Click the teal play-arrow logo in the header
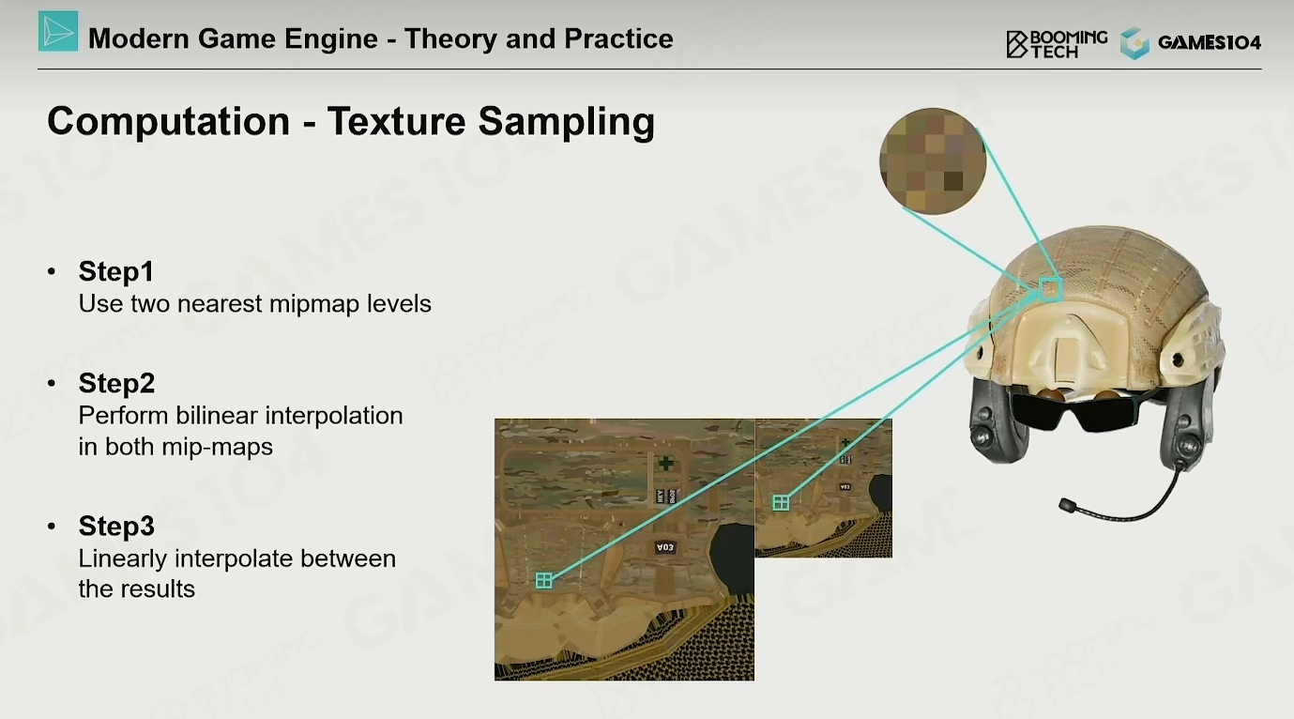coord(58,31)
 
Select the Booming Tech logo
coord(1057,44)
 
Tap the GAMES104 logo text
coord(1210,43)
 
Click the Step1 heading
coord(116,271)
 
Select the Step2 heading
coord(116,383)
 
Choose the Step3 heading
coord(116,526)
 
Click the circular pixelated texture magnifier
coord(933,161)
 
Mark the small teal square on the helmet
coord(1051,289)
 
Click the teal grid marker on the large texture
coord(543,580)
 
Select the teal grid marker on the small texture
coord(781,503)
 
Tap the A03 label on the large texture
coord(665,547)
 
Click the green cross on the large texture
coord(665,463)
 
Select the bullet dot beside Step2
coord(52,383)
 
